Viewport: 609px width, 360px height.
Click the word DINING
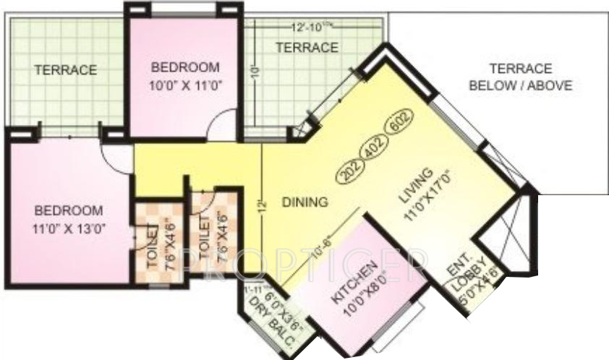click(305, 201)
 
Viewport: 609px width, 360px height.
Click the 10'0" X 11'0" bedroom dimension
click(185, 84)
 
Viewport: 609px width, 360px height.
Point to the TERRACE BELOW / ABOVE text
click(520, 77)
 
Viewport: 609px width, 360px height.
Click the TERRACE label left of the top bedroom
click(64, 70)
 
